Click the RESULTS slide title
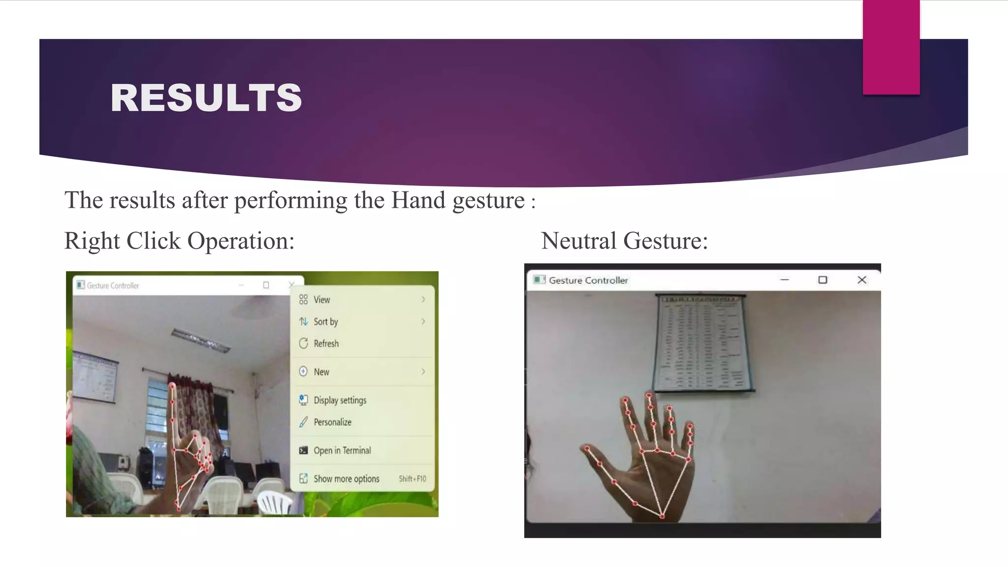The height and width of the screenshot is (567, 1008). point(206,97)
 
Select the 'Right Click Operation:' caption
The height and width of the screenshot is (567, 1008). point(179,241)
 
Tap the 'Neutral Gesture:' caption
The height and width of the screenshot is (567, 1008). point(624,241)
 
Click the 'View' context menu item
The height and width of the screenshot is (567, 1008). point(322,300)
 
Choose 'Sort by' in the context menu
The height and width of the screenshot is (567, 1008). point(326,322)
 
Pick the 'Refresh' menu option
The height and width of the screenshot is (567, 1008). point(326,344)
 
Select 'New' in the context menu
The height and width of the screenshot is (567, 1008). point(321,372)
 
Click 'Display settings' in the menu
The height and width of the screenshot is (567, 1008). point(340,400)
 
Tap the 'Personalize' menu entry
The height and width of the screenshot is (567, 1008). point(332,422)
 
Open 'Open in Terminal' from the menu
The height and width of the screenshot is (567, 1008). point(342,450)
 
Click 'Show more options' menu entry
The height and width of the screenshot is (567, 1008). point(346,479)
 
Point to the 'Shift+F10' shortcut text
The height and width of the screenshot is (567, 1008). point(412,479)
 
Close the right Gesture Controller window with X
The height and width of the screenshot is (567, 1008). point(861,280)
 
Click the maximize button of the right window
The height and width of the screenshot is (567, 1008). point(822,280)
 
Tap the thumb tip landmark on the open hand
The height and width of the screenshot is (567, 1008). point(587,448)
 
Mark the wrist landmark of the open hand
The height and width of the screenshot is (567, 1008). point(662,516)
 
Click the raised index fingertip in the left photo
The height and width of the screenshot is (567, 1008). point(172,387)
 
